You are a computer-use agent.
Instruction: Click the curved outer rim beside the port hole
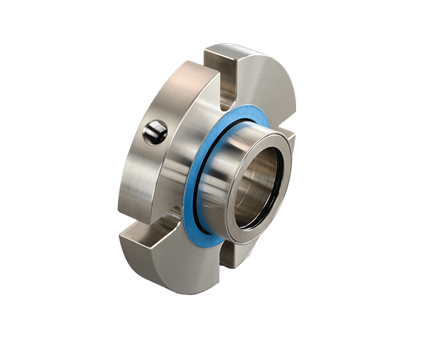pyautogui.click(x=131, y=141)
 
